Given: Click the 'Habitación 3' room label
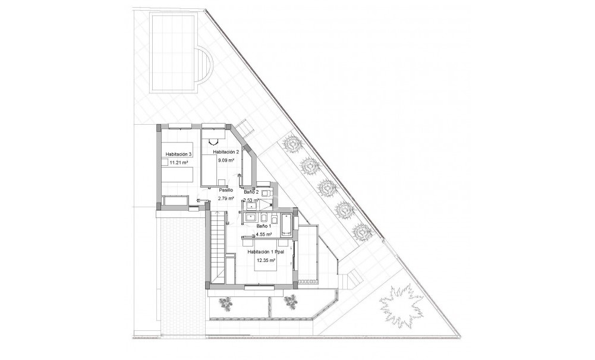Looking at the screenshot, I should (178, 154).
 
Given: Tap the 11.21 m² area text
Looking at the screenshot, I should (178, 162).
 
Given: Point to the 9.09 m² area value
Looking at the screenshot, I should (226, 160).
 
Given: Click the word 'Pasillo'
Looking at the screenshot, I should (226, 190).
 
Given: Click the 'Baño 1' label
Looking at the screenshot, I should (263, 226).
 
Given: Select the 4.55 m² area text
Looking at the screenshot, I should (263, 234).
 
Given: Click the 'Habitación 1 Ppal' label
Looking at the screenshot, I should (266, 252).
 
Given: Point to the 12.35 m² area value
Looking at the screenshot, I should (266, 260).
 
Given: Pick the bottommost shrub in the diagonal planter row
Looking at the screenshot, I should (361, 230).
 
